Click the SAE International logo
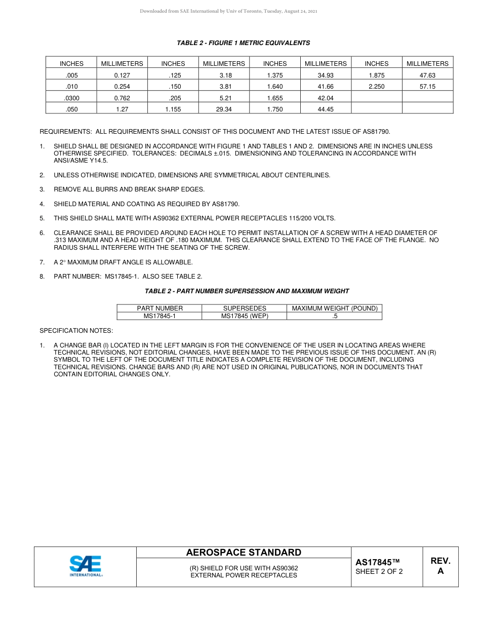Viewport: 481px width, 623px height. (86, 566)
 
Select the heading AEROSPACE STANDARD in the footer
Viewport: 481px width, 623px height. (244, 553)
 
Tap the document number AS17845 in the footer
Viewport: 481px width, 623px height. (377, 562)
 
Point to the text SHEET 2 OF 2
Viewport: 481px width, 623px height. (379, 572)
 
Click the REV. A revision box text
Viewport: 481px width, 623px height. (440, 566)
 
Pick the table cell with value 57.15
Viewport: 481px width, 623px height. (427, 87)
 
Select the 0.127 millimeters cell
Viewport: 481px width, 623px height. (122, 75)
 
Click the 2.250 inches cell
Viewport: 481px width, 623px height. (376, 87)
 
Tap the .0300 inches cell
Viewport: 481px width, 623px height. (72, 98)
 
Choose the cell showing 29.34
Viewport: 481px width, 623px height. (224, 109)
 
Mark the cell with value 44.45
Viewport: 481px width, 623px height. (326, 109)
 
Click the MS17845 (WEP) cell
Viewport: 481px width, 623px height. (245, 316)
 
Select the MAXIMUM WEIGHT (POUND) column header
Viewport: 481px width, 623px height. (335, 308)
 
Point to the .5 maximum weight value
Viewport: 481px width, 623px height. (335, 316)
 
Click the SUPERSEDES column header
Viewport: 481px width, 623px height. (245, 308)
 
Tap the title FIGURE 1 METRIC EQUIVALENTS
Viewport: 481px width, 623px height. (243, 43)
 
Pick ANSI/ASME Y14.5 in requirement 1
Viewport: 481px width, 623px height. (81, 161)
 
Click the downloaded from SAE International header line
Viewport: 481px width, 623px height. (228, 11)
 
